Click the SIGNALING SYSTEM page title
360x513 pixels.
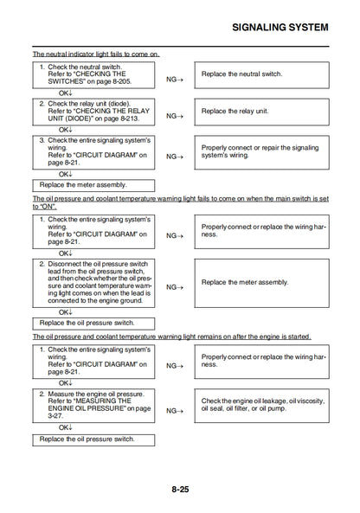click(x=281, y=27)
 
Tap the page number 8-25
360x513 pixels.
click(x=180, y=489)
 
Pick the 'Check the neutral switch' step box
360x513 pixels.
click(x=94, y=74)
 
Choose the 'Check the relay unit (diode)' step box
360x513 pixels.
click(x=94, y=112)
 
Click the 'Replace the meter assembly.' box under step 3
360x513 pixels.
click(x=94, y=184)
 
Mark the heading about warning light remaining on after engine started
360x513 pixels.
click(x=170, y=337)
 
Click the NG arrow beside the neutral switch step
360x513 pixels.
click(x=176, y=79)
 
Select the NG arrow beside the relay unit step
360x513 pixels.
click(x=176, y=115)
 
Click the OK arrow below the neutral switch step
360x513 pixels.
click(x=66, y=92)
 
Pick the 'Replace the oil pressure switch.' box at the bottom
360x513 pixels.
click(x=94, y=439)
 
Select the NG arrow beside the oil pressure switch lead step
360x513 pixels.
click(x=176, y=286)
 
